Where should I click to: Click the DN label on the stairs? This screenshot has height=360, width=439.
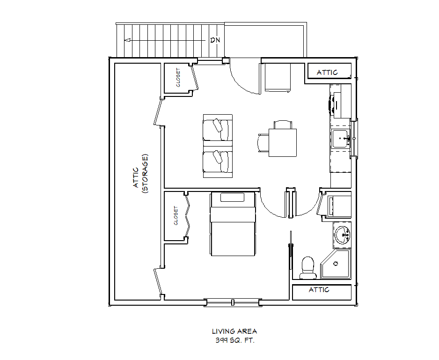[215, 40]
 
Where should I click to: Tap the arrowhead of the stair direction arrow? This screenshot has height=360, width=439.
[128, 40]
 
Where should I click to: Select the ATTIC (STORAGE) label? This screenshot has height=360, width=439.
[140, 174]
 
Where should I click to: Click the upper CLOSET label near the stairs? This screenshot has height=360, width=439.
[178, 78]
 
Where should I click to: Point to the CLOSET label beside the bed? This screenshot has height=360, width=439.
[176, 215]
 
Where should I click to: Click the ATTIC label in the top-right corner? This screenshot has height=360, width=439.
[327, 73]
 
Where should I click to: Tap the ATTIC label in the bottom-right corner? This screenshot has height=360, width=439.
[319, 290]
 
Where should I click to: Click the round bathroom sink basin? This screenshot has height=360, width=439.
[342, 235]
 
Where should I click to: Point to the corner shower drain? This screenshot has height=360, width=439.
[336, 264]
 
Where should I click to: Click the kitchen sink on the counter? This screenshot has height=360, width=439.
[341, 139]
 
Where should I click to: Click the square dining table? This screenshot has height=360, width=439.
[283, 143]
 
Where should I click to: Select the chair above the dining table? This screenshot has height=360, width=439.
[283, 125]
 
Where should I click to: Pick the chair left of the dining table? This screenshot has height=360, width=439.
[263, 143]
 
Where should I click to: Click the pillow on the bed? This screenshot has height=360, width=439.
[233, 197]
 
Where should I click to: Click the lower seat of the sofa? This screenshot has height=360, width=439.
[218, 162]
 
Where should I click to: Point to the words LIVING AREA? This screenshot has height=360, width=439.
[234, 331]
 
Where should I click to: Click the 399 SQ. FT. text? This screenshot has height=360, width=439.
[235, 341]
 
